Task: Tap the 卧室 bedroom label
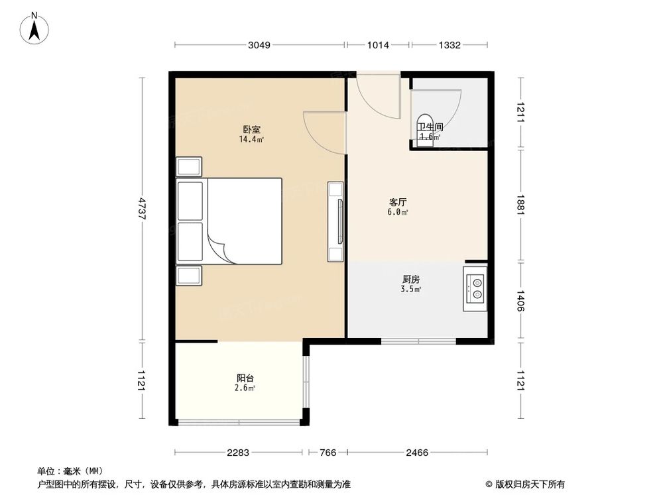coord(251,130)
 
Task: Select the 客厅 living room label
coord(398,203)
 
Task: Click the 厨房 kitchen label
coord(412,279)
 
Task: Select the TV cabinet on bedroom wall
coord(336,221)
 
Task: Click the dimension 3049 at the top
coord(259,45)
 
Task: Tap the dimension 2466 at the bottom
coord(418,453)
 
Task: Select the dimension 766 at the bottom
coord(327,453)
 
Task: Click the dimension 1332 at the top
coord(450,45)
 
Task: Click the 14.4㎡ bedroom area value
coord(251,140)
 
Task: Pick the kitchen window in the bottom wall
coord(418,342)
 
